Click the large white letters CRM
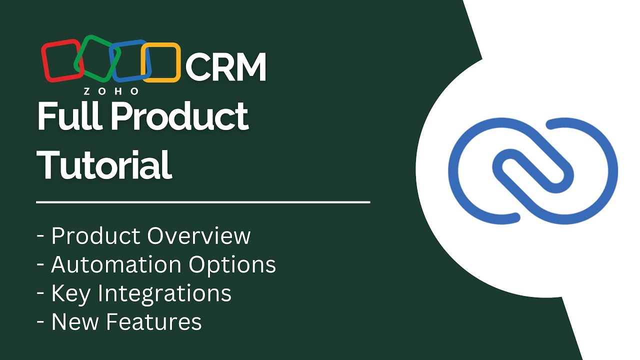pyautogui.click(x=226, y=67)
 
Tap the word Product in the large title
pyautogui.click(x=179, y=116)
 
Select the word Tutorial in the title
pyautogui.click(x=104, y=164)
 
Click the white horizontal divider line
pyautogui.click(x=203, y=202)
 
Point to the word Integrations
pyautogui.click(x=164, y=294)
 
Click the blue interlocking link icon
pyautogui.click(x=533, y=170)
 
